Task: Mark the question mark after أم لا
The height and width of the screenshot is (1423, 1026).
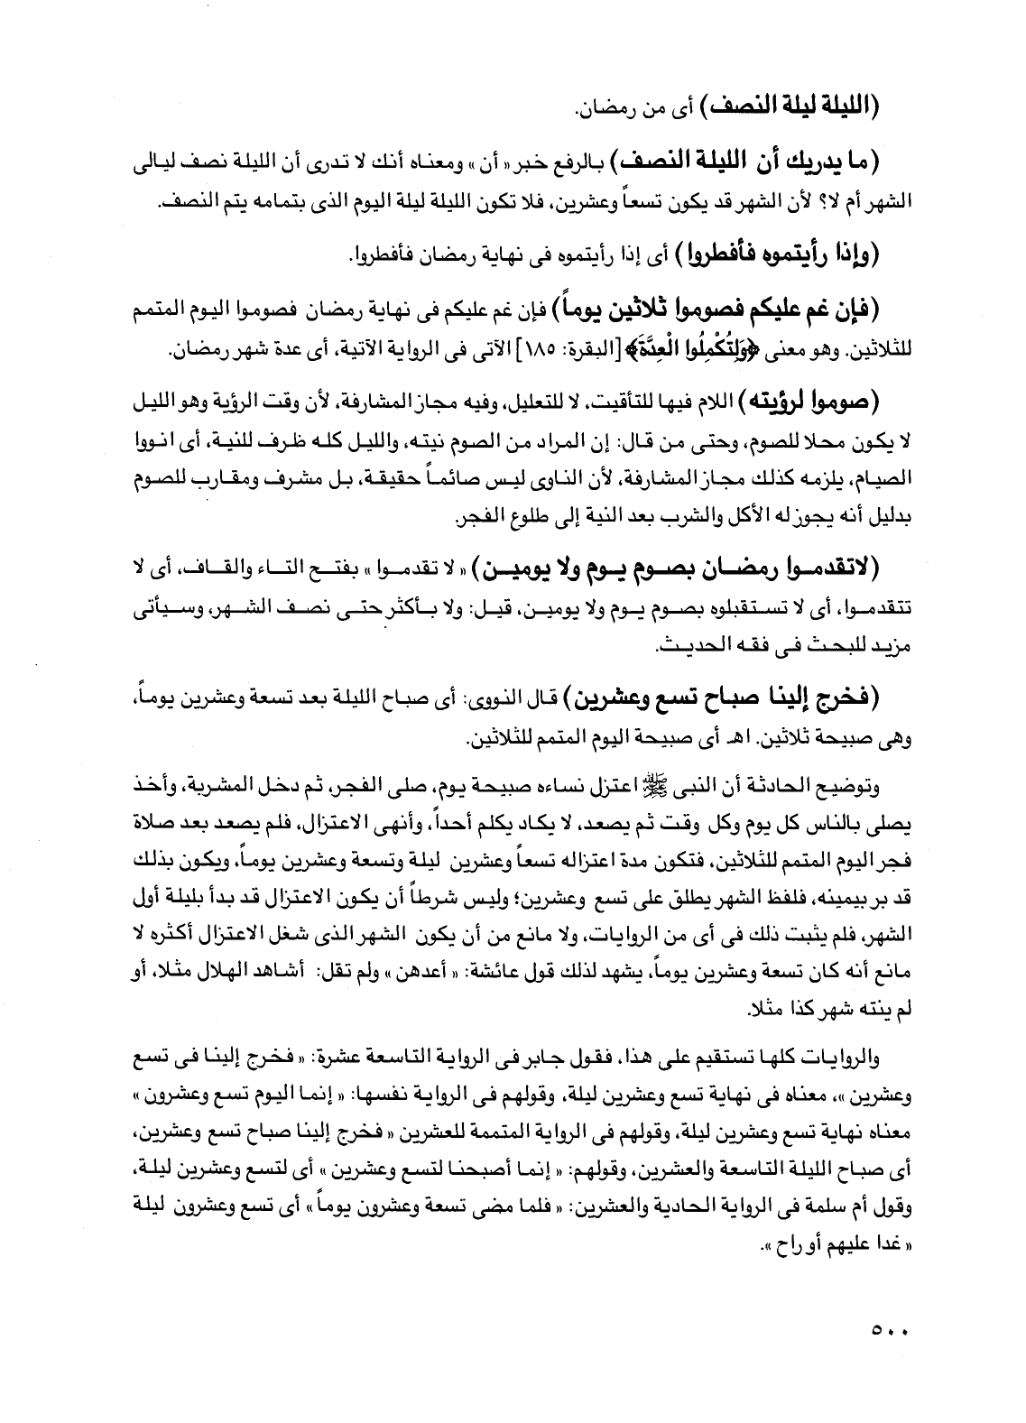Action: [x=851, y=204]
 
